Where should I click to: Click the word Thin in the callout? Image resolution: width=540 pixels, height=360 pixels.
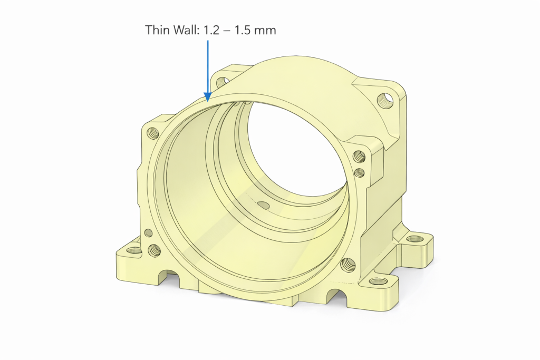157,30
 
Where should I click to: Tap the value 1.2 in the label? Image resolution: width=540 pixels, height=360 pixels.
210,30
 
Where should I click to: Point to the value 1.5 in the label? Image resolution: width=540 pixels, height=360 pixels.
243,30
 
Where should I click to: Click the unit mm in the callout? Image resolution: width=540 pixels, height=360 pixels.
266,30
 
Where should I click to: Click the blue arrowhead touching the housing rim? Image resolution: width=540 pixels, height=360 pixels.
208,95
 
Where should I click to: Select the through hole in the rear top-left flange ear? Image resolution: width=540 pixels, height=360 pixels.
221,82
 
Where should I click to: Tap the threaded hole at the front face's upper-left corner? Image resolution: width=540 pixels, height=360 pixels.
154,132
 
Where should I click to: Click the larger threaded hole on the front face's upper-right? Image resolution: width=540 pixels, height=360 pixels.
359,157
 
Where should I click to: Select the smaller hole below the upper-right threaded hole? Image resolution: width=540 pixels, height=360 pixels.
360,172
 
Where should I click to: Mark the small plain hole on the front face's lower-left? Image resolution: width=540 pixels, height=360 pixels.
148,232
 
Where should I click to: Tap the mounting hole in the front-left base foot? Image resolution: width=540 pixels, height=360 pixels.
134,250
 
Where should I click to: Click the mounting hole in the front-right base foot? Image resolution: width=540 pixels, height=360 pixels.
378,280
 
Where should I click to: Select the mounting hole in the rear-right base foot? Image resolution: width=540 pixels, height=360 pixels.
416,239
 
